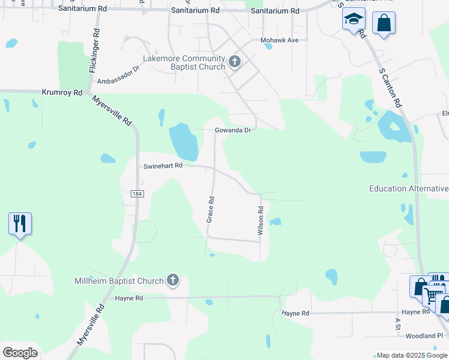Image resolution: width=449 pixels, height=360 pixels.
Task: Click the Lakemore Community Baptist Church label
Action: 183,62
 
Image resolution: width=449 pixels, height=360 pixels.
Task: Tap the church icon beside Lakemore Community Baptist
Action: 234,62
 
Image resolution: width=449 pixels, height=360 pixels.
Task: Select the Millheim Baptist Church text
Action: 119,281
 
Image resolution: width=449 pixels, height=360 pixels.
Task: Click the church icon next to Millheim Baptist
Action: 173,280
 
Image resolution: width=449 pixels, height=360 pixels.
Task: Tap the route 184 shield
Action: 137,193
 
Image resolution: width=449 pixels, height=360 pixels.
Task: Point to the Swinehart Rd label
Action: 162,166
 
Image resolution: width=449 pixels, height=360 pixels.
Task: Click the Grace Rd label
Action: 210,209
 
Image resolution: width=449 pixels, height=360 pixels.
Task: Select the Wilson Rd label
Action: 261,221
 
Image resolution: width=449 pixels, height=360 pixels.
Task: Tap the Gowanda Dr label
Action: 232,130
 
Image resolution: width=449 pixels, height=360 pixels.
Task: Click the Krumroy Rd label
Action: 62,92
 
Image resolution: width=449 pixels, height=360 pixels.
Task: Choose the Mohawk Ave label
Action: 279,40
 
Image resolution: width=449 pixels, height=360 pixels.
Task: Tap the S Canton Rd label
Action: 390,87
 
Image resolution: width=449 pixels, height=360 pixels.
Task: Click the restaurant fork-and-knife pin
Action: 20,224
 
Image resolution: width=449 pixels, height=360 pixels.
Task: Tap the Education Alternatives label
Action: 409,188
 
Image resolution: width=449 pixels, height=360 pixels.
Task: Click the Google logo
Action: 20,352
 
